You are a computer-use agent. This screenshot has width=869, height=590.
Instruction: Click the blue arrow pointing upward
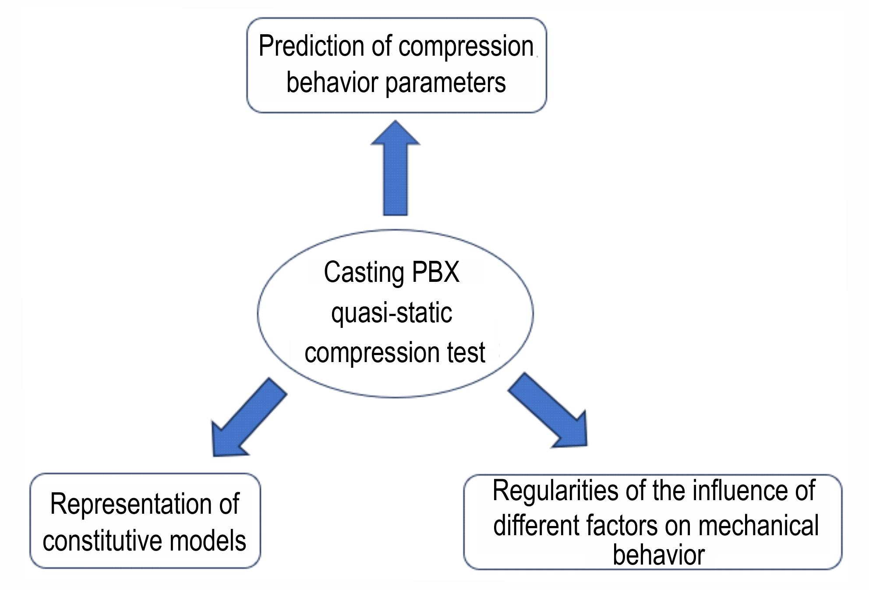pyautogui.click(x=396, y=168)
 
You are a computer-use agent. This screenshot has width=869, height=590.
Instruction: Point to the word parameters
pyautogui.click(x=445, y=83)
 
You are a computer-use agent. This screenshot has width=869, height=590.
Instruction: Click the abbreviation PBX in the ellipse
pyautogui.click(x=435, y=272)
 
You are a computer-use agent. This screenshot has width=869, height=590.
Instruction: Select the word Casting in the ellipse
pyautogui.click(x=364, y=273)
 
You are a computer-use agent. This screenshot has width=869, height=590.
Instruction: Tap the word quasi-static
pyautogui.click(x=392, y=313)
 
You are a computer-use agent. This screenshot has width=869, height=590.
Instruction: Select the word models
pyautogui.click(x=208, y=540)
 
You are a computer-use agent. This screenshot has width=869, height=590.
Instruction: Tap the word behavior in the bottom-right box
pyautogui.click(x=658, y=555)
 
